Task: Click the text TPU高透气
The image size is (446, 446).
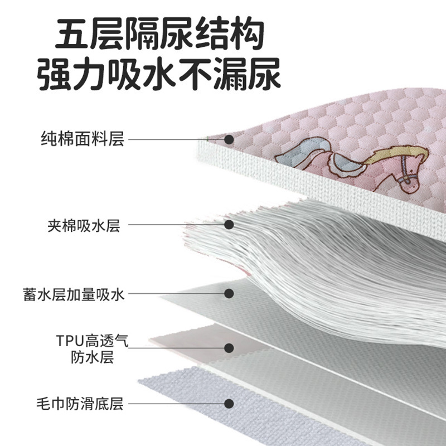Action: pyautogui.click(x=92, y=341)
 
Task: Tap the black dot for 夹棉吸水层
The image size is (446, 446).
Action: pyautogui.click(x=229, y=225)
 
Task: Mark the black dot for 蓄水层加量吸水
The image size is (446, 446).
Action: pyautogui.click(x=229, y=294)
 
